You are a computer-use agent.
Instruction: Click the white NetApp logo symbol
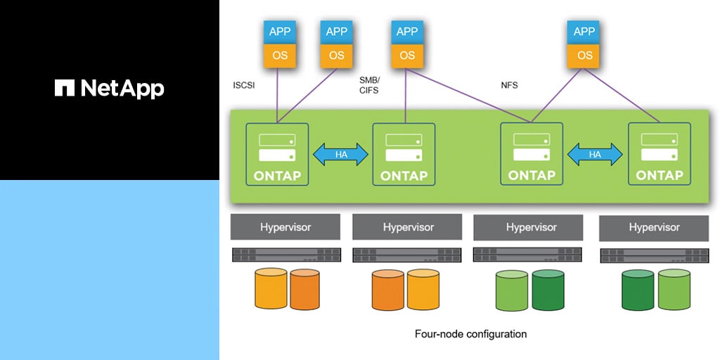[65, 88]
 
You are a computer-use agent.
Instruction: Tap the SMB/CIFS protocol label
[369, 85]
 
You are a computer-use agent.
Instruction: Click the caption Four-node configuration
[470, 334]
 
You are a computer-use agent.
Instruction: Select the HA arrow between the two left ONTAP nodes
[340, 155]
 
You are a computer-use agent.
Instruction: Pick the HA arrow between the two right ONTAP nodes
[595, 155]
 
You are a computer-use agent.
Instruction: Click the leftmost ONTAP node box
[277, 155]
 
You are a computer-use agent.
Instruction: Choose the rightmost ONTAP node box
[659, 155]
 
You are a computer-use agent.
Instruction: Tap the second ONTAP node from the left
[404, 155]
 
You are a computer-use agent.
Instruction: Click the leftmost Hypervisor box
[285, 227]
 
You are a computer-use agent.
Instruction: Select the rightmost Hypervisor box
[654, 227]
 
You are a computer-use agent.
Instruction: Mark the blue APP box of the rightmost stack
[584, 32]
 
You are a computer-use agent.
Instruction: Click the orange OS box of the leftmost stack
[279, 56]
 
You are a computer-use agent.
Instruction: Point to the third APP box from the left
[407, 32]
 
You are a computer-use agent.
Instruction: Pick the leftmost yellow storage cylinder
[271, 288]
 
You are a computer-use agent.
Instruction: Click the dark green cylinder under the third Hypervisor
[548, 290]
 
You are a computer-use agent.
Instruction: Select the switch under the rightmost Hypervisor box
[654, 256]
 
